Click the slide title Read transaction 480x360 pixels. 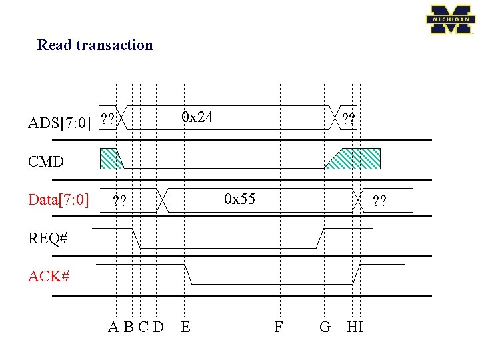tap(95, 45)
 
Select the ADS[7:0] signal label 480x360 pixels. tap(59, 123)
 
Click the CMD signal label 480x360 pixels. tap(46, 161)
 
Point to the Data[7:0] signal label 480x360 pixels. tap(59, 199)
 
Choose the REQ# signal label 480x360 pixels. tap(47, 238)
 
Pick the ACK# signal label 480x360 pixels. tap(49, 276)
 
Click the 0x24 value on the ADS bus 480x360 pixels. tap(197, 117)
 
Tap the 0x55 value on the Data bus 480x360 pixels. tap(239, 199)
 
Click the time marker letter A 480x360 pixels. tap(115, 327)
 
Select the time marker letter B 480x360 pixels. tap(129, 327)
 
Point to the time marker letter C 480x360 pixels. tap(143, 327)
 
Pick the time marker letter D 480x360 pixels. tap(158, 327)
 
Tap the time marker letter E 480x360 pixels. tap(185, 327)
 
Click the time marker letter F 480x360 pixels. tap(279, 327)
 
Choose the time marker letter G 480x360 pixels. tap(325, 327)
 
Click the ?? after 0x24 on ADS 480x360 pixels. tap(348, 120)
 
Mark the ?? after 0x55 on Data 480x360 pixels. tap(380, 200)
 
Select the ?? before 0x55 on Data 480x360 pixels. tap(120, 200)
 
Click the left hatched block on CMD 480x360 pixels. tap(111, 158)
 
